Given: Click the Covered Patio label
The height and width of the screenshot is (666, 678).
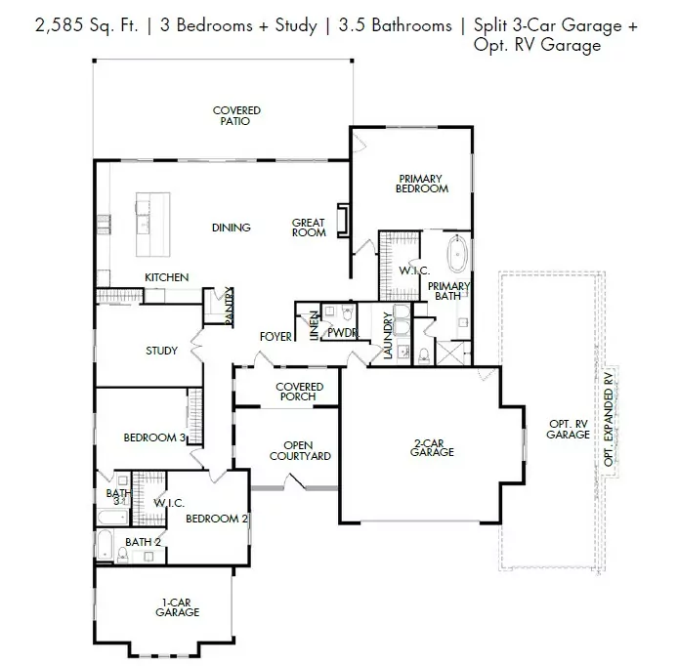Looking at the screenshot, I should (236, 116).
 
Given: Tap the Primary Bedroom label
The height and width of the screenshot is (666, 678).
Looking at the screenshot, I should (422, 184).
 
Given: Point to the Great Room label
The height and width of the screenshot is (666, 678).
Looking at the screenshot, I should (309, 229).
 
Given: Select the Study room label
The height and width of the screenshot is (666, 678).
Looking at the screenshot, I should (161, 351).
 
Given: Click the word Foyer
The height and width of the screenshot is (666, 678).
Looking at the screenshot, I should (275, 337).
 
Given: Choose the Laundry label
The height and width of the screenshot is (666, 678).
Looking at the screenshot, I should (388, 336).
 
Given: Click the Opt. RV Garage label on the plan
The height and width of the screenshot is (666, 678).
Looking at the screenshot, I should (568, 429).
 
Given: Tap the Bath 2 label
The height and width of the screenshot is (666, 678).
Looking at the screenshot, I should (143, 541).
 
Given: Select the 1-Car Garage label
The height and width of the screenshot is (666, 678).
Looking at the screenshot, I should (177, 606).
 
